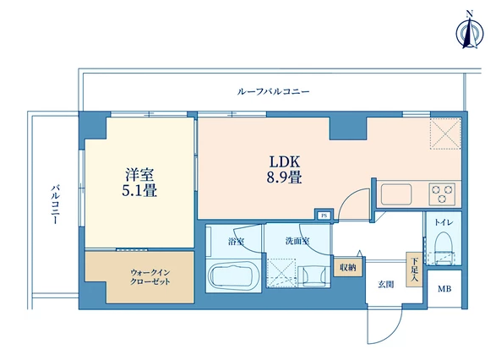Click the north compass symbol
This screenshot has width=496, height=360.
click(470, 34)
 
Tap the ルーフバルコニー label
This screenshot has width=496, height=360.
click(273, 92)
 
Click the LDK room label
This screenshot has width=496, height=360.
click(285, 161)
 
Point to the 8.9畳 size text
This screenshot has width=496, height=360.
click(284, 177)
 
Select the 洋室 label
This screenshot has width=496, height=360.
click(139, 175)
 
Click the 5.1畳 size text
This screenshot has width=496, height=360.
click(139, 190)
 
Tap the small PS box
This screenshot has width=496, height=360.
click(324, 215)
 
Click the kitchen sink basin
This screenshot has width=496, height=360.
click(396, 194)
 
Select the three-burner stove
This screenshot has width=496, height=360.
click(442, 194)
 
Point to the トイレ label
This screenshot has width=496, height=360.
click(444, 223)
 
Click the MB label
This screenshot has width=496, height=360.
click(444, 289)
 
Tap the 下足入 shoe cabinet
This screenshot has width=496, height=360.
click(414, 270)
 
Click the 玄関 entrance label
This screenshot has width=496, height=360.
click(386, 285)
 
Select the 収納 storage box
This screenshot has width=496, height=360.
click(348, 267)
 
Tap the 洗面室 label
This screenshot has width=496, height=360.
click(297, 242)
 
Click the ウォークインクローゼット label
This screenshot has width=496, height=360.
click(150, 277)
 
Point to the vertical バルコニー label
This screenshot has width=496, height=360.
click(56, 205)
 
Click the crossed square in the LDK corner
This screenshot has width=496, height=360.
click(444, 134)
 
